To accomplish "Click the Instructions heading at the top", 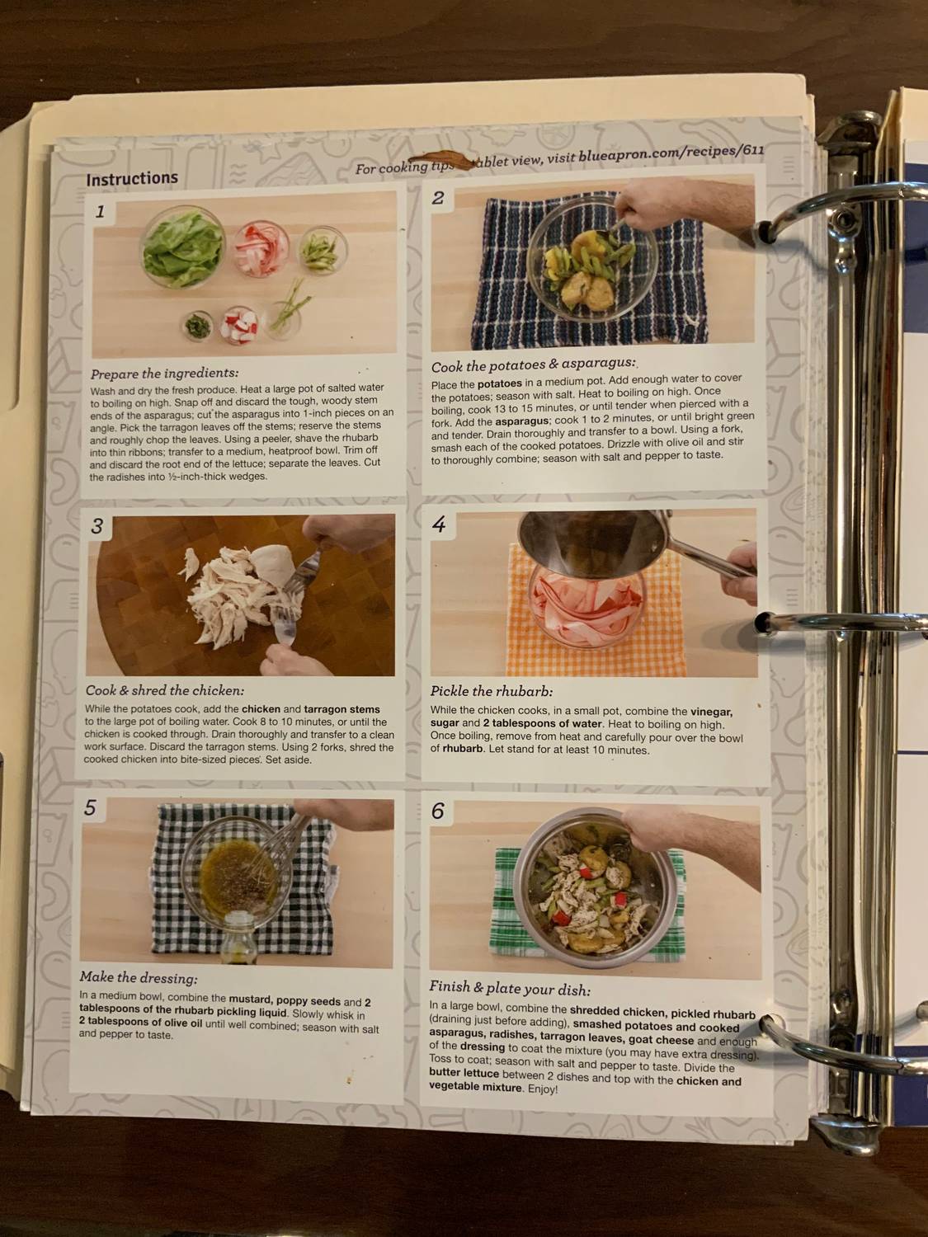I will coord(131,178).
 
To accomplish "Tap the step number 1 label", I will coord(100,212).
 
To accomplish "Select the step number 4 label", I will coord(439,524).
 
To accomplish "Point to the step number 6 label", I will coord(437,811).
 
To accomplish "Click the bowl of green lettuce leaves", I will coord(183,246).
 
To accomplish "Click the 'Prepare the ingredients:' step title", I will coord(164,373).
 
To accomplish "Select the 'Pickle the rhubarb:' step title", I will coord(491,691).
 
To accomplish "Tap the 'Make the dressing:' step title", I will coord(138,978).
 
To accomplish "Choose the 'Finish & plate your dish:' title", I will coord(509,988).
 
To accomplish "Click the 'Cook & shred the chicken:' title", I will coord(164,690).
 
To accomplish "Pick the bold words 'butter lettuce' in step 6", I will coord(464,1074).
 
